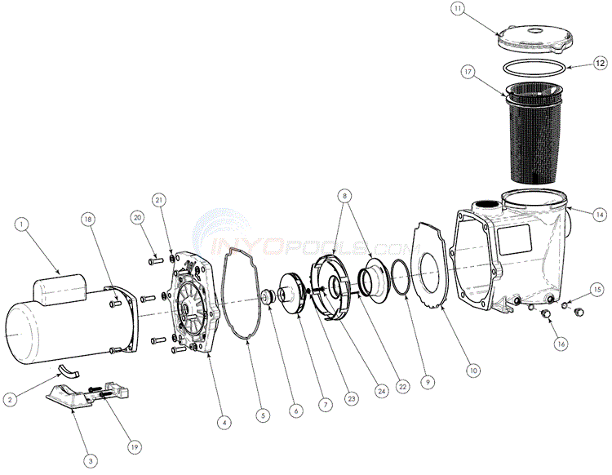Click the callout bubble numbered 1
click(22, 223)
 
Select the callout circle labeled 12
click(599, 62)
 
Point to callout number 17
click(468, 73)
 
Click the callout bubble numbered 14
click(600, 215)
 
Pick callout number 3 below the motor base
click(91, 461)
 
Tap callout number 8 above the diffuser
click(345, 197)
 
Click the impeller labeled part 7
click(290, 289)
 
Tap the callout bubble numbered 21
click(158, 200)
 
